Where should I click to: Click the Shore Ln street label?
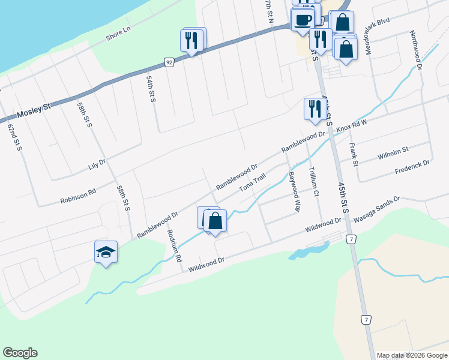coord(118,34)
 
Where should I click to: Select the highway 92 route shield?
coord(169,61)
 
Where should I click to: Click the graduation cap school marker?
coord(106,252)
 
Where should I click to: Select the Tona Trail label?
coord(252,183)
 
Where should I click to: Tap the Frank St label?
coord(354,154)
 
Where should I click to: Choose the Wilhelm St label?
coord(393,153)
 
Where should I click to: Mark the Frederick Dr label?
coord(412,166)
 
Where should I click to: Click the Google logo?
coord(20,353)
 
